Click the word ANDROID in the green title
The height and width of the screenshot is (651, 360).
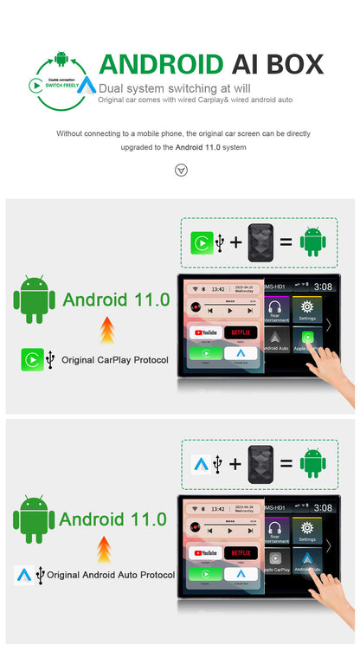[x=160, y=64]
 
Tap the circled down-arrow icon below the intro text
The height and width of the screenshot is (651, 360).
[x=180, y=170]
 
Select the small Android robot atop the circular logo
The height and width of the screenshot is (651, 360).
[x=61, y=59]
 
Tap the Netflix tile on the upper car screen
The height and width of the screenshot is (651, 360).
[x=241, y=332]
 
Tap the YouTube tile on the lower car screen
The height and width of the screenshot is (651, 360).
[x=205, y=552]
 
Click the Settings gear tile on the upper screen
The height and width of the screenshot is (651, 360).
[x=305, y=310]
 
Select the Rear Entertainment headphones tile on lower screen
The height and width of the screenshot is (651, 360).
[x=274, y=531]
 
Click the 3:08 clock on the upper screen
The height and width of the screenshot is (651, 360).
[x=322, y=287]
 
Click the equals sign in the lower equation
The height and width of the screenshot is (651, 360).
[x=286, y=463]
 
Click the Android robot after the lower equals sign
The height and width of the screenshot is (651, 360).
[x=312, y=463]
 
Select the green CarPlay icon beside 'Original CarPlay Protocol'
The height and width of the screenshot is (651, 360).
[x=32, y=359]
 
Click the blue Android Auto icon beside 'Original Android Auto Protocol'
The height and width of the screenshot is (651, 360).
[x=25, y=574]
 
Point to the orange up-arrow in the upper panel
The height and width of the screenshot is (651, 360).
[x=107, y=329]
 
